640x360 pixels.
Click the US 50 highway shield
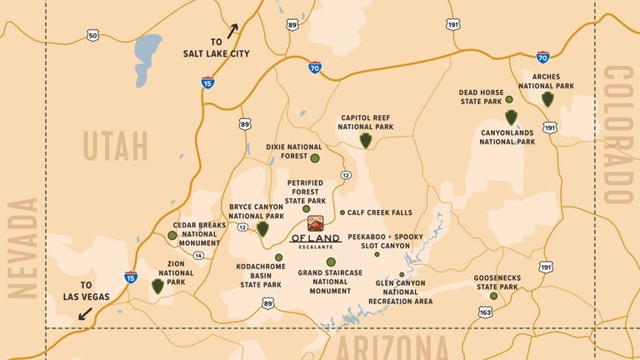coord(92,35)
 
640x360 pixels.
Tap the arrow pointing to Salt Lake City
coord(232,32)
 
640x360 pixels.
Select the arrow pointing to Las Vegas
coord(85,313)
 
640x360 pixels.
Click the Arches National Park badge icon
coord(547,99)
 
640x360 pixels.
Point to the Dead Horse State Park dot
coord(509,99)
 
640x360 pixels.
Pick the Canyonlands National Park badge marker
coord(511,117)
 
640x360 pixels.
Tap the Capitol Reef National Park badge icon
coord(365,141)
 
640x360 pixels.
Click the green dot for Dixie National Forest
coord(315,157)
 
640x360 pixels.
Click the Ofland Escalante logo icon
coord(316,223)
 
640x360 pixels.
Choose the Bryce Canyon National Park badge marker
coord(262,229)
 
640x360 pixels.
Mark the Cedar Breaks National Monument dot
coord(172,236)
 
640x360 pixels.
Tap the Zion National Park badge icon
coord(157,287)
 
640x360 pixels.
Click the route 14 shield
coord(198,256)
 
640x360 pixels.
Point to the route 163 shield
coord(485,312)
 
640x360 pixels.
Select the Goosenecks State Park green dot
coord(493,296)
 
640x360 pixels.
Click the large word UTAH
coord(115,147)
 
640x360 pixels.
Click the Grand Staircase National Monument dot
coord(331,262)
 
